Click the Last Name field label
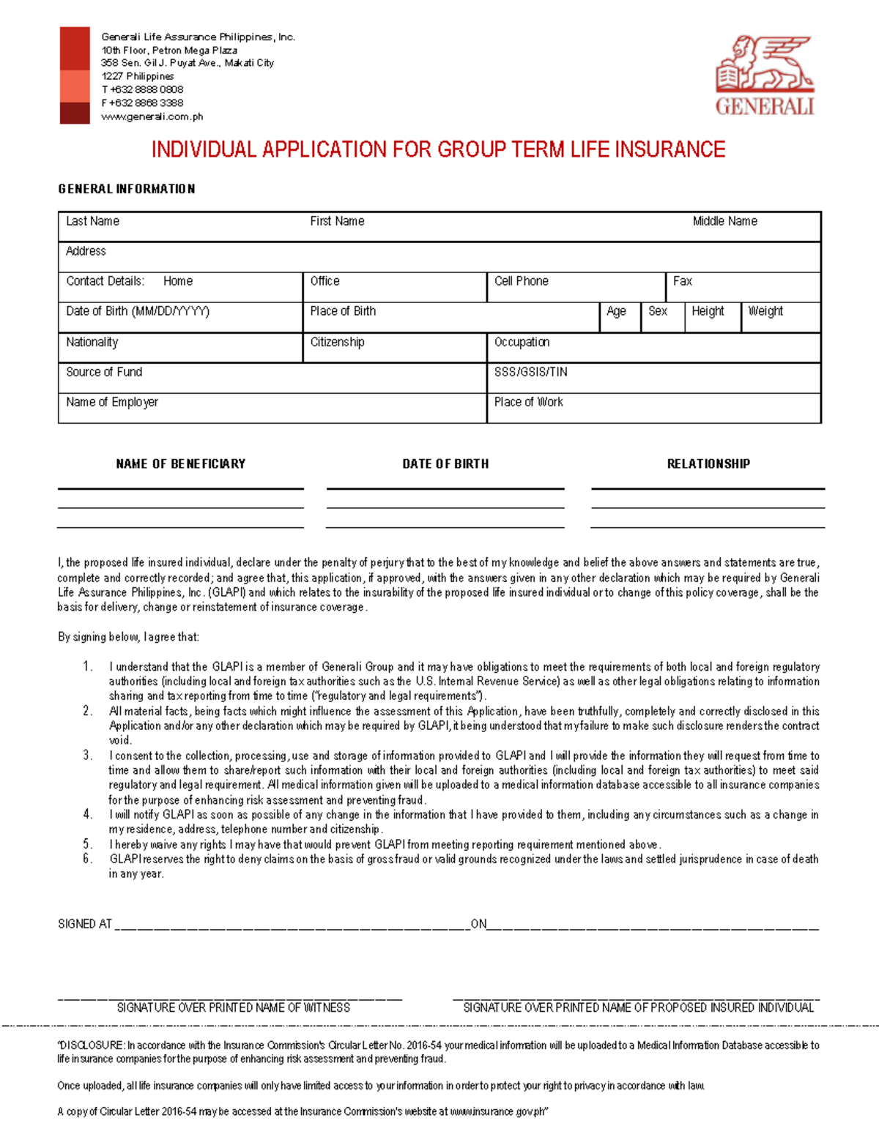[x=92, y=221]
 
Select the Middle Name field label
[x=724, y=221]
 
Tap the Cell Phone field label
[x=521, y=281]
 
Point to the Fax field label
[x=682, y=281]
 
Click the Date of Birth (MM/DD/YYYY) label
[x=138, y=311]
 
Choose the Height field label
[x=708, y=311]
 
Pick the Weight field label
[x=765, y=311]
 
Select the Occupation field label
[x=522, y=342]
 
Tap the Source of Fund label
[x=104, y=372]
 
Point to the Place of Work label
[x=528, y=402]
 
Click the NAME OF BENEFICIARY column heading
[x=181, y=463]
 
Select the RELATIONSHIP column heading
[x=708, y=463]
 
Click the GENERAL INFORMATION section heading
[x=127, y=189]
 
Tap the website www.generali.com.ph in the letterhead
[x=152, y=116]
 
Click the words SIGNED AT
[x=85, y=924]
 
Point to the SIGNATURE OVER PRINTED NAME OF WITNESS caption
[x=233, y=1007]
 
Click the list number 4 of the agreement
[x=88, y=814]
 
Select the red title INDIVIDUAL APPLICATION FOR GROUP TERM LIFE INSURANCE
[x=438, y=149]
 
